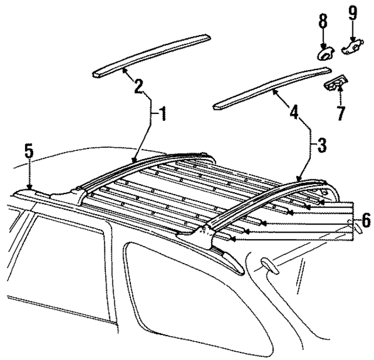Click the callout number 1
162,113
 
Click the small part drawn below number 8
323,54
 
